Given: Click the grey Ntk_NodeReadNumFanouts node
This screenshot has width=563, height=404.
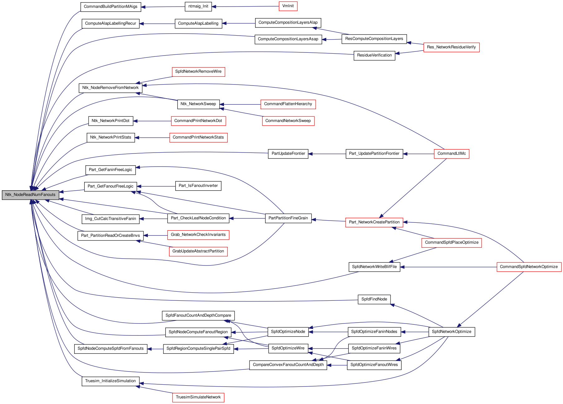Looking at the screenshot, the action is click(30, 195).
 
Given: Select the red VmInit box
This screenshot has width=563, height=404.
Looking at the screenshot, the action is click(288, 6).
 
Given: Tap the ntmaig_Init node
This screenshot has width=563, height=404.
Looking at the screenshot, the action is click(198, 7).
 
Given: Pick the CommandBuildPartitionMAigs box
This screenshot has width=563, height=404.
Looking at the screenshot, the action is click(111, 7).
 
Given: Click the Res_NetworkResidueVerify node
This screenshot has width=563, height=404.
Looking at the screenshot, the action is click(451, 47).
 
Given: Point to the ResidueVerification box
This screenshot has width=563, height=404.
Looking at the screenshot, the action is click(374, 56).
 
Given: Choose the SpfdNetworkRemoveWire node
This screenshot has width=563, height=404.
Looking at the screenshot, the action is click(198, 72).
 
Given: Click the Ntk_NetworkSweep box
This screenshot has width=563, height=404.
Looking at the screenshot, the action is click(198, 104).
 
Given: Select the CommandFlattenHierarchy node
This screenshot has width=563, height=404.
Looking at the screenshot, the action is click(288, 104).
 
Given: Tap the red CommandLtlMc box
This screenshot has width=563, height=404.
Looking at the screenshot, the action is click(452, 154).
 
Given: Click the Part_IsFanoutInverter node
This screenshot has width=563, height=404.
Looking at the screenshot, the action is click(198, 186).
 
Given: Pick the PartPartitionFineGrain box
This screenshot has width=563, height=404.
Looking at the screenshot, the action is click(288, 218).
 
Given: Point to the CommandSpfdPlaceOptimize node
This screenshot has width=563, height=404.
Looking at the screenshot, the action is click(452, 243).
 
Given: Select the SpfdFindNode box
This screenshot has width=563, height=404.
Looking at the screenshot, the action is click(374, 299).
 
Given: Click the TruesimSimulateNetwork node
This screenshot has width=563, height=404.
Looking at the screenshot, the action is click(198, 397).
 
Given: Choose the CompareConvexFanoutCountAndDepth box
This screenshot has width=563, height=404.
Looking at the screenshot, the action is click(288, 365).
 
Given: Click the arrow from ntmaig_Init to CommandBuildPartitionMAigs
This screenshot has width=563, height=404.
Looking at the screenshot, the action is click(163, 7).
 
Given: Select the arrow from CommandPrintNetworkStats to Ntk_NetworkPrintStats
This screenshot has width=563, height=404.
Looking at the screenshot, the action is click(152, 138).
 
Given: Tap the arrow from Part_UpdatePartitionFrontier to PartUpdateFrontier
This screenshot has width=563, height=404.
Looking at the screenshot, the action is click(327, 154).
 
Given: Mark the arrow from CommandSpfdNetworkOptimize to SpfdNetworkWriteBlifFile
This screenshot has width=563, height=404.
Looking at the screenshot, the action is click(448, 267).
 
